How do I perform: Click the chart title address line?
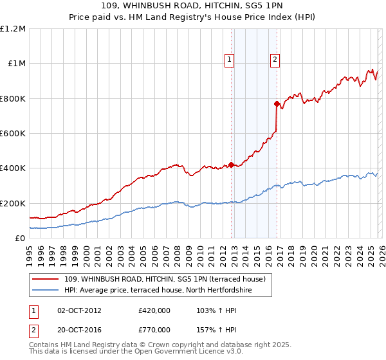pyautogui.click(x=193, y=6)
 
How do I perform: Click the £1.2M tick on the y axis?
pyautogui.click(x=14, y=29)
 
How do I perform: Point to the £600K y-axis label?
pyautogui.click(x=14, y=134)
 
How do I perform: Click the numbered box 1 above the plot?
pyautogui.click(x=230, y=60)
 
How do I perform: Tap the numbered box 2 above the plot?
pyautogui.click(x=275, y=60)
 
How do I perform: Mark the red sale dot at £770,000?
pyautogui.click(x=277, y=104)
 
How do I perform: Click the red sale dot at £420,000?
pyautogui.click(x=231, y=165)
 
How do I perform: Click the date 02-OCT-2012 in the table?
pyautogui.click(x=79, y=310)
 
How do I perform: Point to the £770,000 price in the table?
pyautogui.click(x=154, y=329)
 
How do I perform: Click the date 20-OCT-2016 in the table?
pyautogui.click(x=79, y=329)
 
